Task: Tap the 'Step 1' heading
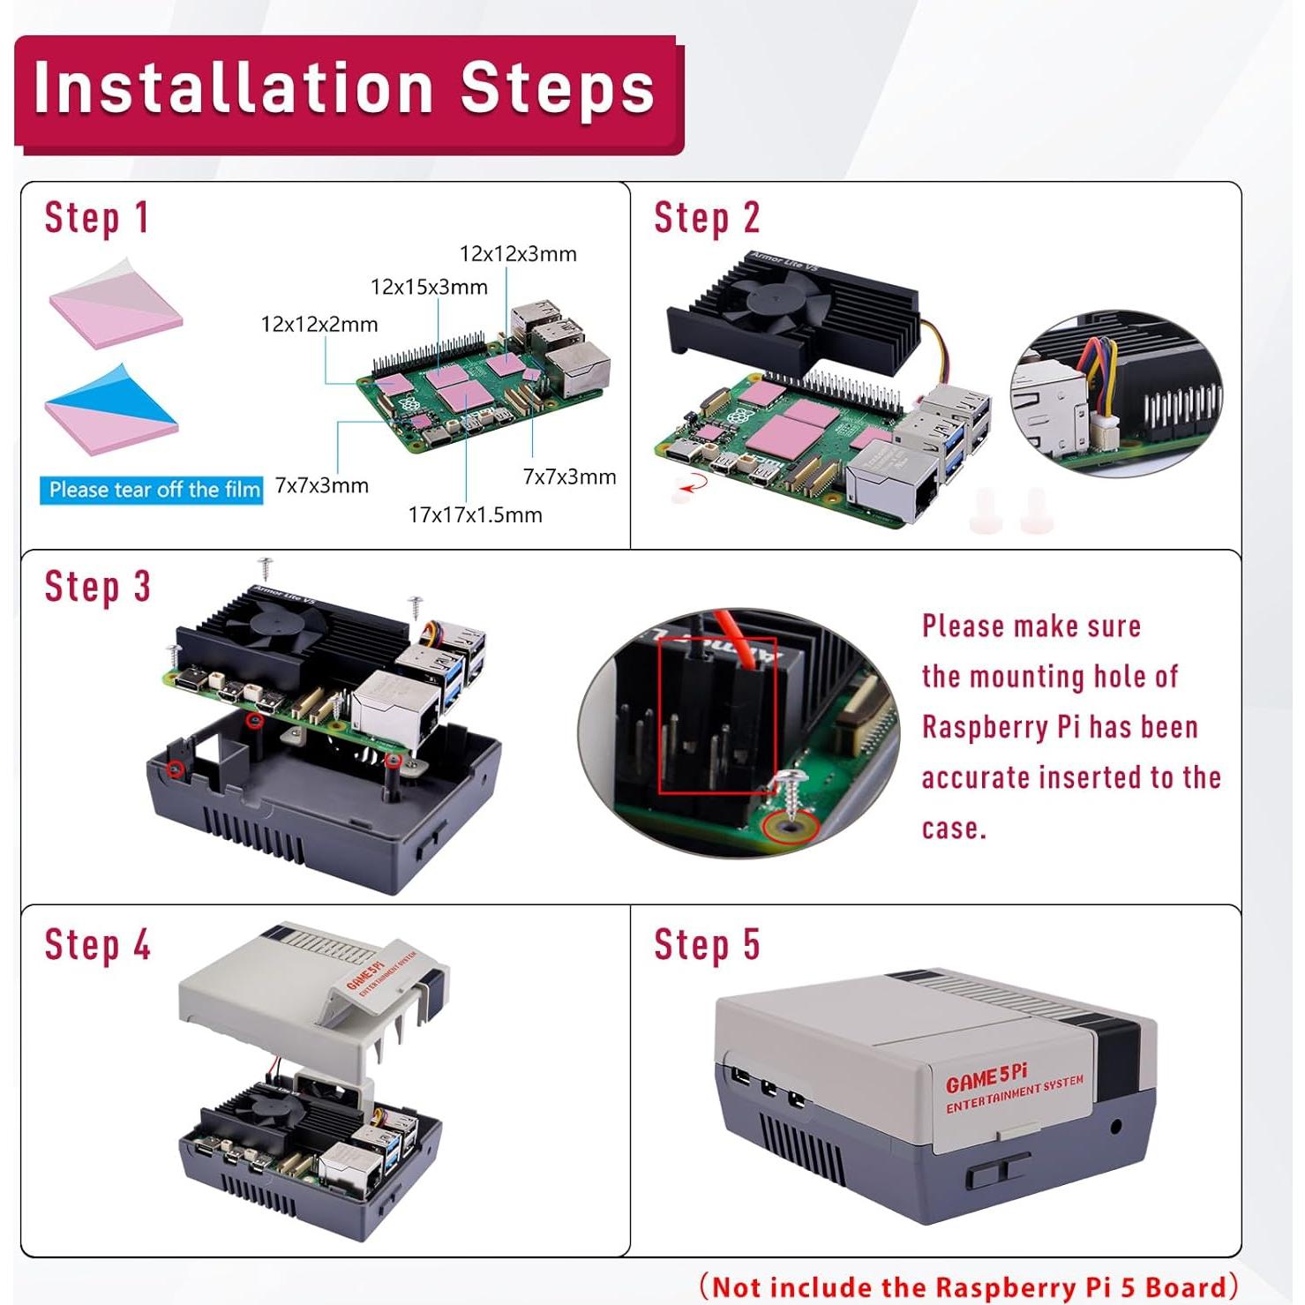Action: tap(96, 218)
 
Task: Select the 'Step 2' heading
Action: tap(706, 218)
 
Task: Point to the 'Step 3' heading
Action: tap(97, 587)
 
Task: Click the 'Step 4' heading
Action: tap(97, 945)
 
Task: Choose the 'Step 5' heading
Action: tap(706, 945)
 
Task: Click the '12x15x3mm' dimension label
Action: tap(429, 287)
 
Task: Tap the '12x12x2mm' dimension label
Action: tap(319, 324)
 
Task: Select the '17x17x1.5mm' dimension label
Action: tap(475, 514)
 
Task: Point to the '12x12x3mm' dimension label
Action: tap(518, 254)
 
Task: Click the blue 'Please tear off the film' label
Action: tap(152, 490)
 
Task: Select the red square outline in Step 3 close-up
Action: tap(717, 715)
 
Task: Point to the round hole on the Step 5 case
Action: tap(1115, 1127)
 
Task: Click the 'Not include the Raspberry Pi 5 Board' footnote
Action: tap(968, 1286)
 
